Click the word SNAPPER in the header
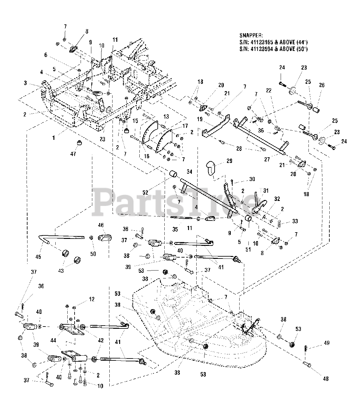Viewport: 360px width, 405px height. click(x=251, y=35)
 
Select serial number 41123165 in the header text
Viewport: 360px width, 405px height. click(x=261, y=42)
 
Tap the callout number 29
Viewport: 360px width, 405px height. click(x=229, y=161)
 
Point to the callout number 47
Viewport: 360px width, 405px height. click(x=73, y=154)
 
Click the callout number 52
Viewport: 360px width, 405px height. click(x=145, y=192)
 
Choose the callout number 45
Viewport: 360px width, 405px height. click(x=38, y=257)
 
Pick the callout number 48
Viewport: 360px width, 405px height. click(x=326, y=379)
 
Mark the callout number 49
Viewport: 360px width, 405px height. click(x=327, y=343)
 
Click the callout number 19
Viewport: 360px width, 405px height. click(x=199, y=119)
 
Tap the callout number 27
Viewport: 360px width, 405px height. click(x=267, y=159)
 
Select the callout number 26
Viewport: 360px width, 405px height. click(x=322, y=85)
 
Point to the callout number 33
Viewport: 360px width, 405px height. click(x=295, y=221)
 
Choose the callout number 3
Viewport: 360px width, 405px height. click(x=25, y=83)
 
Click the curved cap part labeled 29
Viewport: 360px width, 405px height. click(x=210, y=168)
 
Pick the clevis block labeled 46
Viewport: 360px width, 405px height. click(x=105, y=238)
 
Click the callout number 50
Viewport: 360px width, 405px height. click(x=93, y=254)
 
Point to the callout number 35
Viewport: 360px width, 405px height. click(x=175, y=229)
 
